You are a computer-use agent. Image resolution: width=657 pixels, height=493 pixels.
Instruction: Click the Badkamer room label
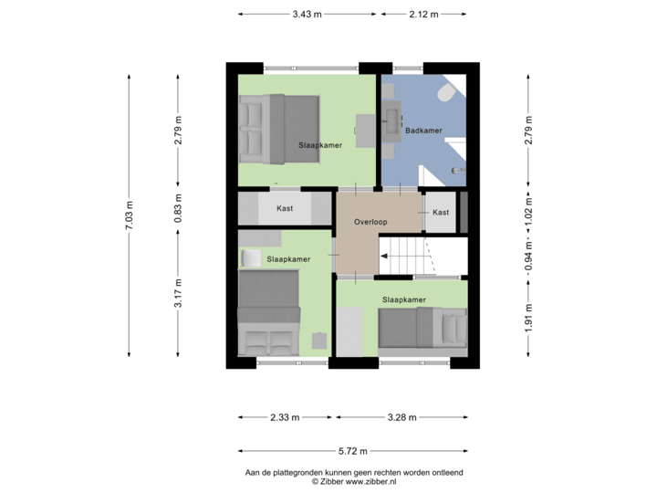(424, 131)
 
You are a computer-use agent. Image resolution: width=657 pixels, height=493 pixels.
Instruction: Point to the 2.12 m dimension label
(424, 14)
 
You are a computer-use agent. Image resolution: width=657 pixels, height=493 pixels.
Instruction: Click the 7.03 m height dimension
(129, 216)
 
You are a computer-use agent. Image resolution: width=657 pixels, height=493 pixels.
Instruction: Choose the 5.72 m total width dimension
(351, 451)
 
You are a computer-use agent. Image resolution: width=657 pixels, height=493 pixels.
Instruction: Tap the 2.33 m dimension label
(284, 418)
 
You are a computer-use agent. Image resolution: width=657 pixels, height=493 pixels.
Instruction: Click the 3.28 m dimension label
(401, 418)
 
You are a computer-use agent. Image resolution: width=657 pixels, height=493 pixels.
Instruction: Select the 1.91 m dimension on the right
(527, 318)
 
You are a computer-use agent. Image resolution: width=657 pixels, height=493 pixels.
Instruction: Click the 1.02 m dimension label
(527, 208)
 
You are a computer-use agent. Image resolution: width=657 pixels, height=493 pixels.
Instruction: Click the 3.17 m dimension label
(179, 293)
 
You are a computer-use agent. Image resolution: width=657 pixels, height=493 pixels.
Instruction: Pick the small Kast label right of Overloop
(441, 213)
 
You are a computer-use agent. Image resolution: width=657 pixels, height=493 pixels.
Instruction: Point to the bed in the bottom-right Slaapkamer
(422, 328)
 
